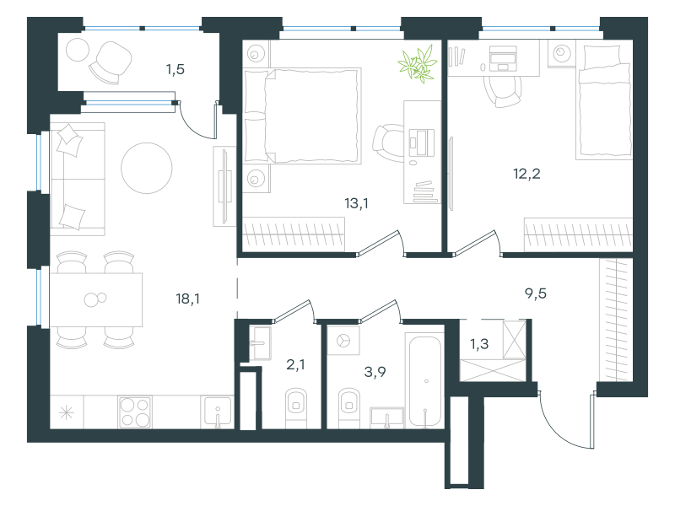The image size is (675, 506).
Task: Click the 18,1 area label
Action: click(x=187, y=299)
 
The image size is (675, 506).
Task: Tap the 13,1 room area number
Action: click(x=356, y=202)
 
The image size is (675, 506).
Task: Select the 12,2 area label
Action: click(x=526, y=174)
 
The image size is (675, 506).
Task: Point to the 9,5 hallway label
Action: click(x=536, y=293)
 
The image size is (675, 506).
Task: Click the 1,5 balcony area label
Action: click(x=175, y=69)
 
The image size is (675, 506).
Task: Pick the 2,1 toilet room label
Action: click(x=295, y=364)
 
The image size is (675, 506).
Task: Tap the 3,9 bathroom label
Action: click(x=375, y=371)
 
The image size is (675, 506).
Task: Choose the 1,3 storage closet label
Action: click(x=479, y=344)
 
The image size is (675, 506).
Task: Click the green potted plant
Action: click(x=418, y=64)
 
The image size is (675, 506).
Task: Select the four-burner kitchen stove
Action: click(x=135, y=412)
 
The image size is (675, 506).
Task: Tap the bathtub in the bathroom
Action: click(x=425, y=381)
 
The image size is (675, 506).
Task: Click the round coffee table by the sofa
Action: click(x=147, y=168)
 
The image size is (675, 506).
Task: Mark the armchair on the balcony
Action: click(x=111, y=62)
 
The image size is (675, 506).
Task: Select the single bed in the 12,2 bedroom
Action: click(x=604, y=101)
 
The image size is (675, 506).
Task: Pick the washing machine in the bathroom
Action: click(x=343, y=340)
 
